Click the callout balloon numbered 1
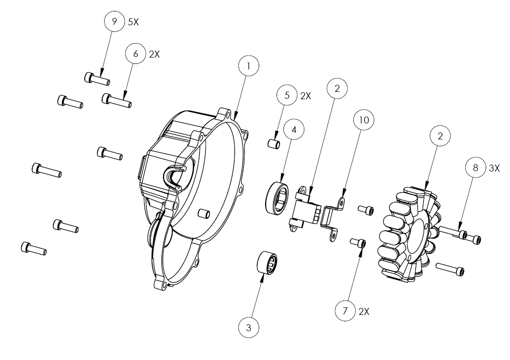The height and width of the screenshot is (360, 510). click(249, 66)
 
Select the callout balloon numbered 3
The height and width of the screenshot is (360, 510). click(249, 327)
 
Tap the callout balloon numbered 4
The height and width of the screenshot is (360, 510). click(294, 130)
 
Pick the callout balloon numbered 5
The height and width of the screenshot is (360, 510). click(287, 95)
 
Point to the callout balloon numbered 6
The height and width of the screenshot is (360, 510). click(136, 54)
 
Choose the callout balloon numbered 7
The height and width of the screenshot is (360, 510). click(345, 311)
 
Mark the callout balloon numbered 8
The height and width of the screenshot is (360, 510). click(475, 168)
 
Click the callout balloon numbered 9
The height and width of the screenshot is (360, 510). click(114, 21)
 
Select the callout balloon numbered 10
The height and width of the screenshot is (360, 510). click(364, 120)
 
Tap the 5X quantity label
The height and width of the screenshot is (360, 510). click(133, 22)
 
